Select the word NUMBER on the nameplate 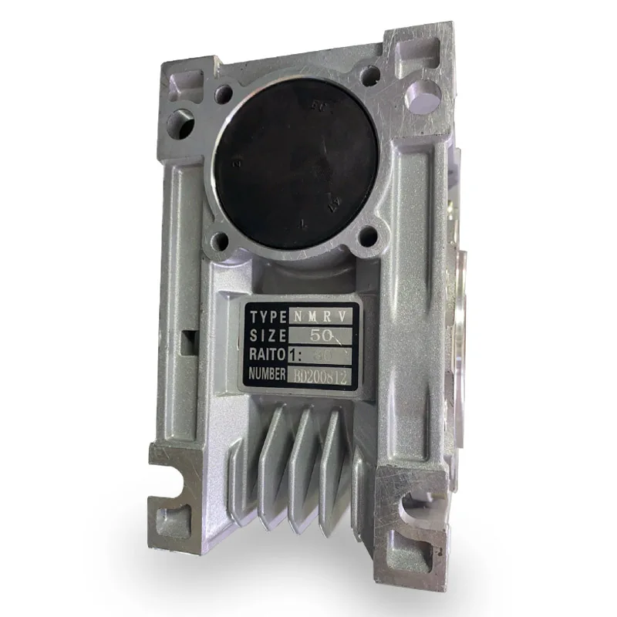267,373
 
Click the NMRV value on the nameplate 322,316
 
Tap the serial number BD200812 321,376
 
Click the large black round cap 293,162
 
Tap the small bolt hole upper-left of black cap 224,95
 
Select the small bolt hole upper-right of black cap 371,75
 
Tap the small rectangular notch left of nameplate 187,340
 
